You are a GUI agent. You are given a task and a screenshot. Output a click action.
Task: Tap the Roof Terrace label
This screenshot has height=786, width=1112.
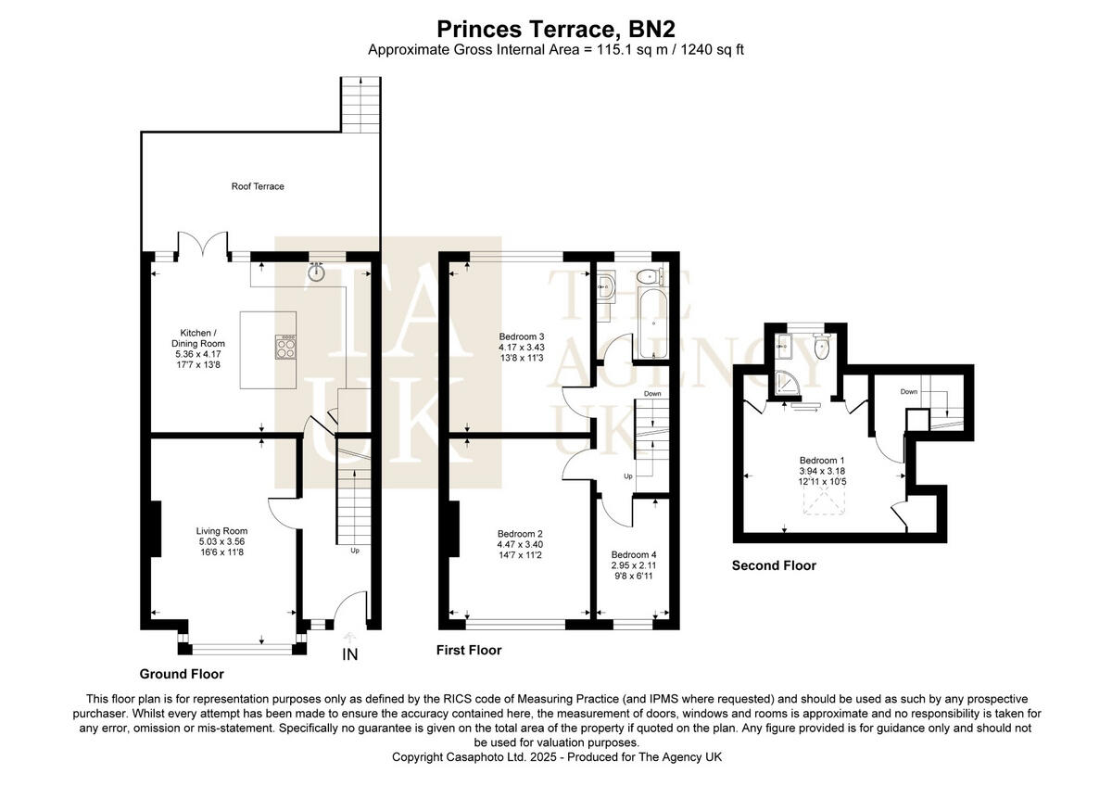click(x=258, y=186)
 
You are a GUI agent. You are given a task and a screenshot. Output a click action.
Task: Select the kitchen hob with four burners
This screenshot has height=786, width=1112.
click(x=286, y=347)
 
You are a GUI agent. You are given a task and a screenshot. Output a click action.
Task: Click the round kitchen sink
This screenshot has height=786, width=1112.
click(x=318, y=272)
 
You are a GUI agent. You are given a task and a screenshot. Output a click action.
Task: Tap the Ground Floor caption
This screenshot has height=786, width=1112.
click(x=182, y=674)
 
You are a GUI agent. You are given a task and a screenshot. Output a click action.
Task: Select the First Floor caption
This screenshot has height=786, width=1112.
click(x=469, y=651)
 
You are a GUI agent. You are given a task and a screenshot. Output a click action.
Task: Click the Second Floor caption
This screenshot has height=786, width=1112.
click(x=774, y=565)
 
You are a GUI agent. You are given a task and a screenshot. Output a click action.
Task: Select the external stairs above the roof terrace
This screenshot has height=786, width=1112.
click(x=360, y=104)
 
